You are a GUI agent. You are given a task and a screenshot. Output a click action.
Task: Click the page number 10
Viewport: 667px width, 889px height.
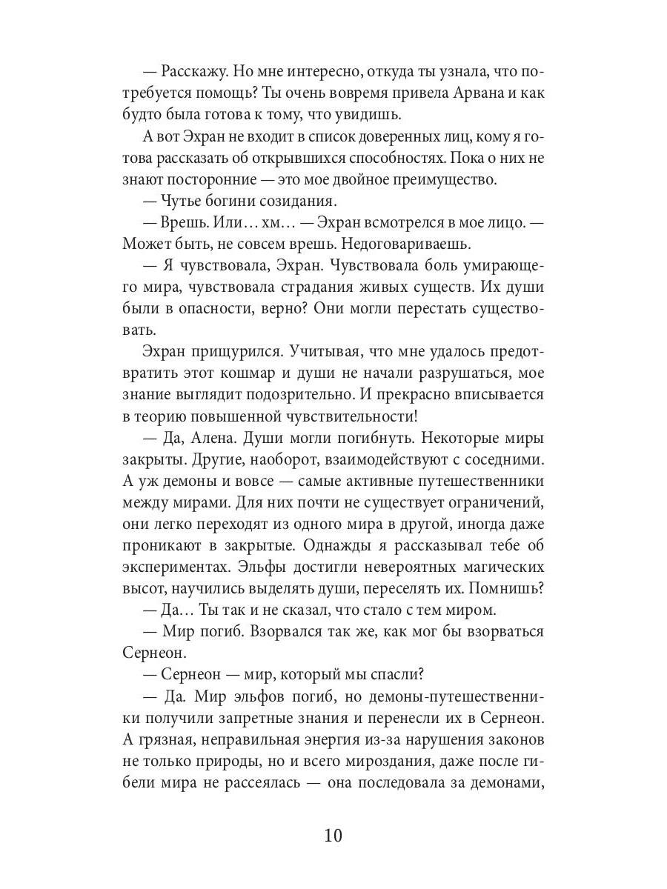pyautogui.click(x=333, y=836)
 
